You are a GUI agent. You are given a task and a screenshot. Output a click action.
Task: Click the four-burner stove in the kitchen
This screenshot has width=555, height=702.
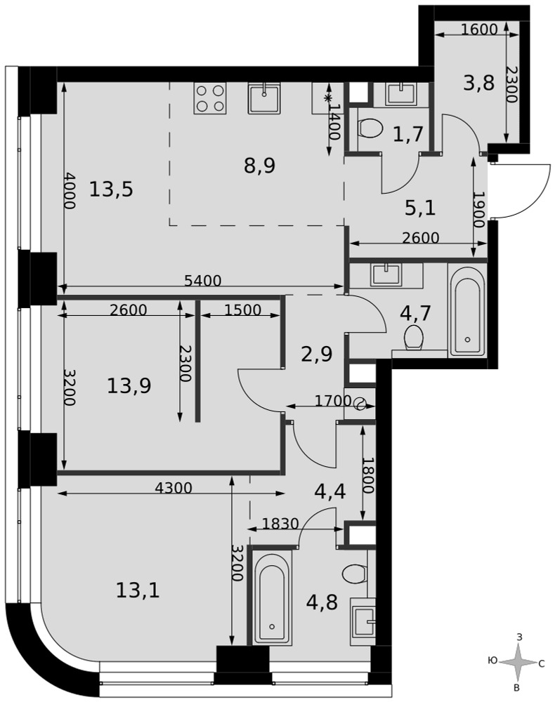209,98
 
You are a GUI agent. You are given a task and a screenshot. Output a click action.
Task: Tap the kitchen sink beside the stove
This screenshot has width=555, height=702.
264,98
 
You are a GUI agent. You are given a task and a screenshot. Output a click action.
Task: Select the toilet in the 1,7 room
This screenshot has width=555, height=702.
370,128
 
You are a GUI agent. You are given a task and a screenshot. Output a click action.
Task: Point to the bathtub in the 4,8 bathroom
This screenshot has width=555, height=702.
272,597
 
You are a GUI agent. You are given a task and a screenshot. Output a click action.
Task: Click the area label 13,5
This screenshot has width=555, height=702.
111,190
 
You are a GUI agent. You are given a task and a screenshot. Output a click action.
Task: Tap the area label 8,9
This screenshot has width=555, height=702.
259,166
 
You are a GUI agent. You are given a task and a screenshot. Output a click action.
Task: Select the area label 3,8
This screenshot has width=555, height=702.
479,83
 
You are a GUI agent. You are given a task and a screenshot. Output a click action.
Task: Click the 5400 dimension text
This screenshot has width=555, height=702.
203,281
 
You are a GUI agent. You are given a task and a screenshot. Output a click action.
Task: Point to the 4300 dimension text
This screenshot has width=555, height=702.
173,488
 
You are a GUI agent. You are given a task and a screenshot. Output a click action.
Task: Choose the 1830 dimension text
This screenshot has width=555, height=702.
280,523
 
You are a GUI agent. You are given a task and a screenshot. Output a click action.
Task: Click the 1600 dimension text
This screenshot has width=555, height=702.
479,29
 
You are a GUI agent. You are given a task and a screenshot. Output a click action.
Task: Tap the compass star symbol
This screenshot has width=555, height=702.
518,663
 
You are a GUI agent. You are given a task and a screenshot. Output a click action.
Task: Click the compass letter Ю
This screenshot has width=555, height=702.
492,661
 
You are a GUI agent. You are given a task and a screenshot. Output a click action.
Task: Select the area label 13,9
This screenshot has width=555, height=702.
129,385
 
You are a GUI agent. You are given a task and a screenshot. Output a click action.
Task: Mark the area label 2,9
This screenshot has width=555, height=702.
316,354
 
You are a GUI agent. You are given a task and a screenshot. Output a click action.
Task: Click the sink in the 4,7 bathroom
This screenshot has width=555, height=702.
386,274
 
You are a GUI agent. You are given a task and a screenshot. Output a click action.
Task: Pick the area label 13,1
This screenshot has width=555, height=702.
138,591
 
